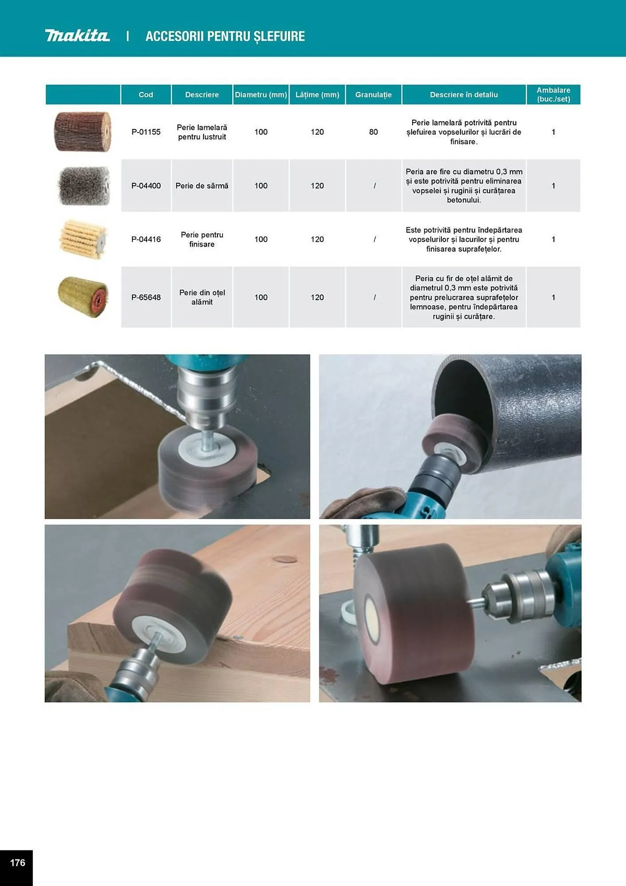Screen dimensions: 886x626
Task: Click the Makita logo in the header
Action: coord(77,35)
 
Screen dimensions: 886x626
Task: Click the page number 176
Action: coord(17,863)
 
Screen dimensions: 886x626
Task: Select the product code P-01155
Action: coord(146,132)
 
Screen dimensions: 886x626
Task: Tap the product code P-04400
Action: coord(146,186)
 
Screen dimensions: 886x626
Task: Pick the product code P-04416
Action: coord(146,239)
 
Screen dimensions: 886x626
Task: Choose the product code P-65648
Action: coord(146,297)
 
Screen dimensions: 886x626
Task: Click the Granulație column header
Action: coord(373,95)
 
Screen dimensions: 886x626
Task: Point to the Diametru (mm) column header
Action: coord(261,95)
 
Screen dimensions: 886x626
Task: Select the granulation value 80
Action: coord(373,132)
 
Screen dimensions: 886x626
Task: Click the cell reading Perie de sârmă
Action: coord(202,186)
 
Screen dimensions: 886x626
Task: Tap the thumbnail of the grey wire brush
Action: coord(84,186)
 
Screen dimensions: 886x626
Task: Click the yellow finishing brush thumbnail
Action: coord(83,239)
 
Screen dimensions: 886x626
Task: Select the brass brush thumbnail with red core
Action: coord(83,297)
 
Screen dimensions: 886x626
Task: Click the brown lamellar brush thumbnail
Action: coord(83,132)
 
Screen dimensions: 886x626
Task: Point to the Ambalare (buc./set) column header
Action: coord(553,95)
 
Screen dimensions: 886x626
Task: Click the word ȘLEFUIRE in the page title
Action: coord(279,36)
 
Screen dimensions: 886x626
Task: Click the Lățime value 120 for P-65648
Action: coord(317,297)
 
